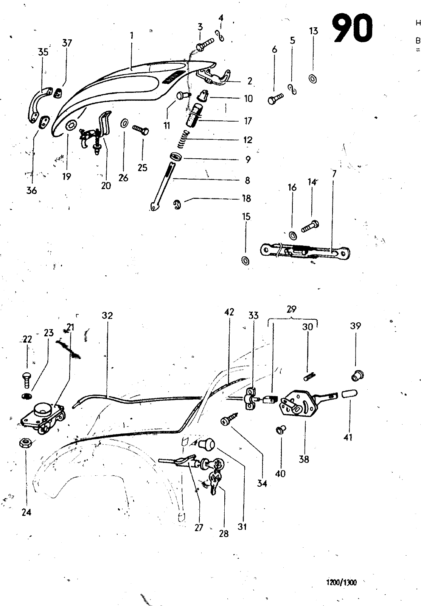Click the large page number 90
(x=352, y=28)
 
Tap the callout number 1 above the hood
(x=132, y=36)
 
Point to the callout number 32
(x=107, y=315)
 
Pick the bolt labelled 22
(x=26, y=380)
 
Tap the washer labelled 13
(x=313, y=79)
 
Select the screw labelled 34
(x=229, y=419)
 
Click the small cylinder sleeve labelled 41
(x=350, y=394)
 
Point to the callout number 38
(x=304, y=459)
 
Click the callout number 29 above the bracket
(x=292, y=309)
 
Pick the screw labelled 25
(x=140, y=130)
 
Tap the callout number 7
(x=334, y=173)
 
